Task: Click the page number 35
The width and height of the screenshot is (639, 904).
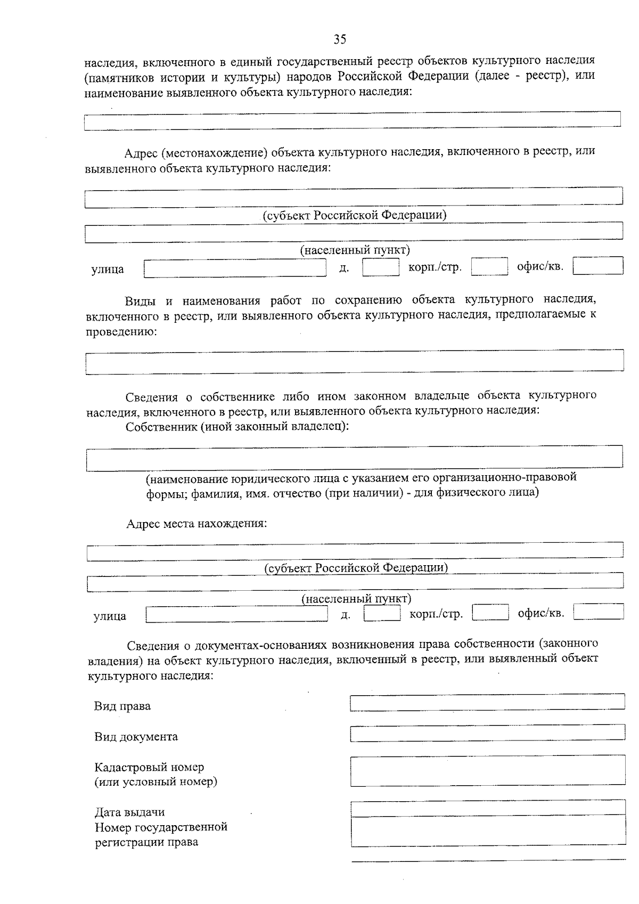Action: tap(340, 39)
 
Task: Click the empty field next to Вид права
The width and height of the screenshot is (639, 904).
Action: tap(487, 702)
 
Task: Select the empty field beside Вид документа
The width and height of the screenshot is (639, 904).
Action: tap(487, 733)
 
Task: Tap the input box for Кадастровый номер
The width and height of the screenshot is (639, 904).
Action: tap(487, 770)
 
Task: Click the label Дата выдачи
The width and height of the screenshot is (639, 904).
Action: tap(129, 812)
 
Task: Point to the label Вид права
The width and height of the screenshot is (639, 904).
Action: tap(122, 706)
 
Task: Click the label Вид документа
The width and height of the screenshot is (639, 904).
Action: tap(136, 737)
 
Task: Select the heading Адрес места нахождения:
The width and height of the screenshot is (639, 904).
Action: tap(196, 524)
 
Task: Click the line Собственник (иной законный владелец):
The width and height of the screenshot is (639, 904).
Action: tap(237, 427)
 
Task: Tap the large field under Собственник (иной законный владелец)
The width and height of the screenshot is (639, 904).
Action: tap(354, 459)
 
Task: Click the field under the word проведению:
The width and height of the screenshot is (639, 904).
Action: tap(354, 361)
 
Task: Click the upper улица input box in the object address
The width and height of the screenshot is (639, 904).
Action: tap(235, 268)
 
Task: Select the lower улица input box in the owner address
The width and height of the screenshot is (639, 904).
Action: tap(237, 615)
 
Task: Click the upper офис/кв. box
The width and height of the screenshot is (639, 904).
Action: tap(598, 266)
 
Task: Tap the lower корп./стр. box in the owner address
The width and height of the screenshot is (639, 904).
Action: tap(490, 613)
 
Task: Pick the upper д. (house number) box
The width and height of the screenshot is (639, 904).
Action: tap(381, 267)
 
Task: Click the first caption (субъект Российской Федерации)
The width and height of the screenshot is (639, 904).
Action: tap(354, 215)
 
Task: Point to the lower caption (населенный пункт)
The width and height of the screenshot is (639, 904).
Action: tap(356, 599)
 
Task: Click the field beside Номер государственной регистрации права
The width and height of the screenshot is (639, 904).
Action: tap(487, 830)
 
